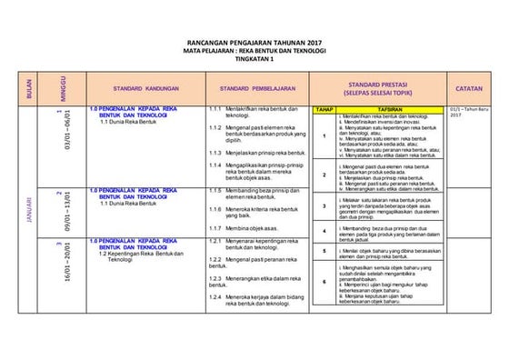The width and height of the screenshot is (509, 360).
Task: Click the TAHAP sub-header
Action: [324, 109]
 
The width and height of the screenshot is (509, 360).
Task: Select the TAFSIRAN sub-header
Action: [390, 109]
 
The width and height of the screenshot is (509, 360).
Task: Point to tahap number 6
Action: [324, 282]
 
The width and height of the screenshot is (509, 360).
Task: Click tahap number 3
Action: [324, 206]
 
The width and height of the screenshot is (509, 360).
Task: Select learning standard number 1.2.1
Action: [215, 239]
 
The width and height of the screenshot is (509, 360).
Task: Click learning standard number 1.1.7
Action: [215, 226]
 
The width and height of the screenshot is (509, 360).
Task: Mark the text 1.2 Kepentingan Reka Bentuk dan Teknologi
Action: [141, 256]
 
